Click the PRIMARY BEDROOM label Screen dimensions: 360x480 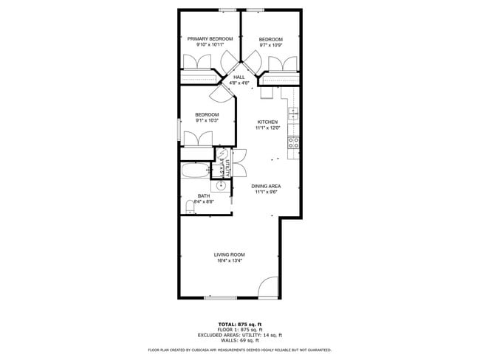210,38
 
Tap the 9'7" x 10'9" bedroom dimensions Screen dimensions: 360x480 270,45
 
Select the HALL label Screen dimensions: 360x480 239,77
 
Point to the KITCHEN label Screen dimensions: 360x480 267,122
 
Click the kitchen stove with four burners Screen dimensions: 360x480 293,142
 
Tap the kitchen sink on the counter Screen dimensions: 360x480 293,114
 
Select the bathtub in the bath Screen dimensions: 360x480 195,173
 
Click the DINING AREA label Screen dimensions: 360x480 266,186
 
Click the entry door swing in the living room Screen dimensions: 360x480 269,288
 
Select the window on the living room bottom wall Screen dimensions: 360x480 220,297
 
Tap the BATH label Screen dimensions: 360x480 203,195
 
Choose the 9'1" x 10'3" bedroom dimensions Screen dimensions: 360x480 207,120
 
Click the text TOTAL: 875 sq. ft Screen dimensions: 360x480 239,324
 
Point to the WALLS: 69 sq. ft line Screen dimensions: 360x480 239,339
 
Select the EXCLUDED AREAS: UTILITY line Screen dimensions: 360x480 239,334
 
